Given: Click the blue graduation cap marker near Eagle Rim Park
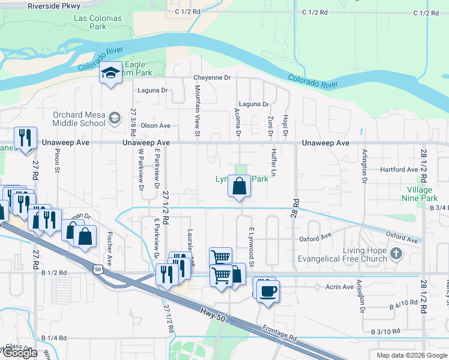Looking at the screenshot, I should click(111, 73).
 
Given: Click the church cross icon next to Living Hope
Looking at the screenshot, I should click(394, 253).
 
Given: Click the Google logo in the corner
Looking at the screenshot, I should click(20, 353).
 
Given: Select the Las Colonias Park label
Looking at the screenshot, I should click(98, 22).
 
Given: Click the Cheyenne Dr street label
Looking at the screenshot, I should click(212, 77).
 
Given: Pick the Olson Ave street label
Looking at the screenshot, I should click(155, 125).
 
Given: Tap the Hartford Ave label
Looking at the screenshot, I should click(399, 170).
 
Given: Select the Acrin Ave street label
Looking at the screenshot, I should click(339, 287).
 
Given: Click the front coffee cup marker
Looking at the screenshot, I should click(269, 291).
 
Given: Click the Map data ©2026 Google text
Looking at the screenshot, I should click(412, 355).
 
